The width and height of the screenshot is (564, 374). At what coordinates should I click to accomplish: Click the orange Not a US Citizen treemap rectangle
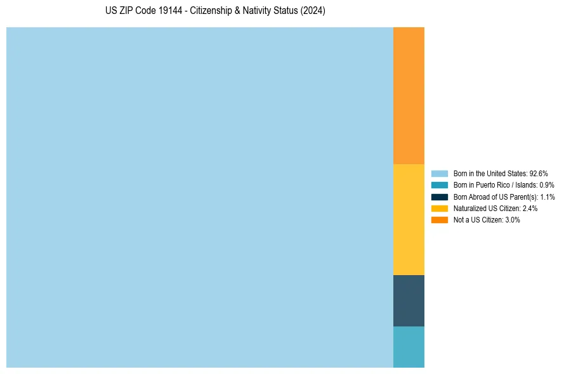coord(409,96)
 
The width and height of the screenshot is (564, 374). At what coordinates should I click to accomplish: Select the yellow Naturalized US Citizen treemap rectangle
coord(409,219)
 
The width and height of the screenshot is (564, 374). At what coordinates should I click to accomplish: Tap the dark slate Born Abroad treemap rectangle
coord(409,300)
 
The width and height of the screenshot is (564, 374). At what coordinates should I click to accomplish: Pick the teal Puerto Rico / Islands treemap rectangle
coord(409,347)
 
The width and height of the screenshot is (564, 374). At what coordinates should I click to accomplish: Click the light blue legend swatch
coord(439,173)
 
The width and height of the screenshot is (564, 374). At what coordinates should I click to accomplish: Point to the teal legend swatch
coord(439,185)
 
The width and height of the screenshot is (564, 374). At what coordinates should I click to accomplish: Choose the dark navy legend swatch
coord(439,197)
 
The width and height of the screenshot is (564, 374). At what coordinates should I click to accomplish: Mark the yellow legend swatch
coord(439,208)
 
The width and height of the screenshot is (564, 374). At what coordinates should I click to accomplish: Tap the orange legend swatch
coord(439,220)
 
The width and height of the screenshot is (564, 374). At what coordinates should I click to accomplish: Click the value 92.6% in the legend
coord(539,173)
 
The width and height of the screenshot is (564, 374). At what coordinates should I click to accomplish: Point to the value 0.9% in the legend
coord(547,185)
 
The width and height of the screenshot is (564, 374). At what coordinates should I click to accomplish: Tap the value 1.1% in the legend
coord(548,197)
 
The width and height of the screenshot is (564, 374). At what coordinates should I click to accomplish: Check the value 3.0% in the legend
coord(512,220)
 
